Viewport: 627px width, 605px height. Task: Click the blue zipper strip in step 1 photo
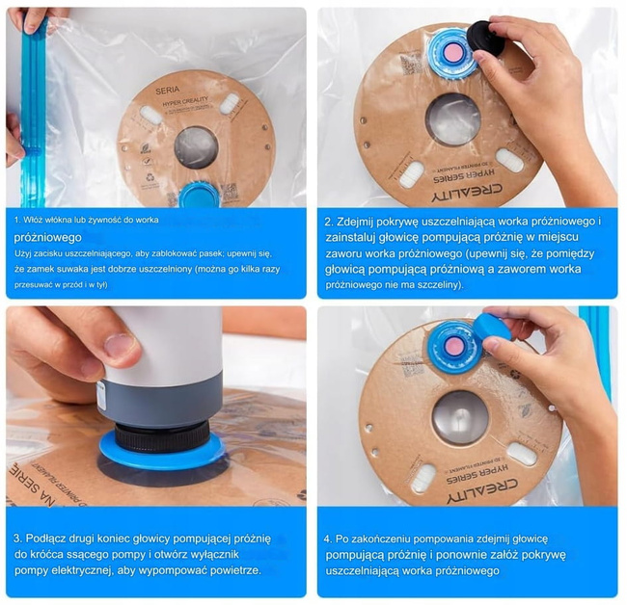click(33, 116)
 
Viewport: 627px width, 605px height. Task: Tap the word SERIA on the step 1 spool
click(167, 87)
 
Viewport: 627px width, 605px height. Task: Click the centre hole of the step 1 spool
click(196, 146)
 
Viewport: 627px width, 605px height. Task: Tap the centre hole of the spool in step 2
click(452, 118)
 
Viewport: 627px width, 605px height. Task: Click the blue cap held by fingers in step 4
click(491, 329)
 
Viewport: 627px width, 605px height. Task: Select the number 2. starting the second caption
click(330, 221)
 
